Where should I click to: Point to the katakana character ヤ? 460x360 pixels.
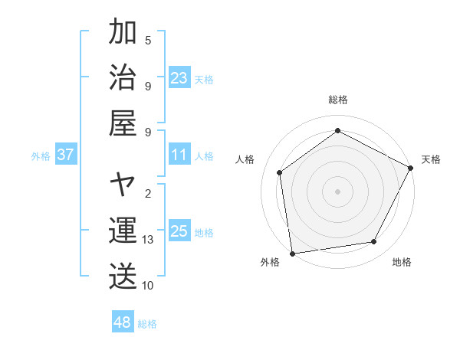pyautogui.click(x=123, y=185)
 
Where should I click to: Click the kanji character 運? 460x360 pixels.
pyautogui.click(x=123, y=231)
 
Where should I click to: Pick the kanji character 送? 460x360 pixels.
pyautogui.click(x=123, y=276)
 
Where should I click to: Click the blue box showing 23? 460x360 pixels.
pyautogui.click(x=179, y=77)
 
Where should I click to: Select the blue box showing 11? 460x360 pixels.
pyautogui.click(x=179, y=155)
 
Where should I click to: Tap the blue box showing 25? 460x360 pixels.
pyautogui.click(x=179, y=231)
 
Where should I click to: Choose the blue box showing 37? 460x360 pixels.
pyautogui.click(x=66, y=155)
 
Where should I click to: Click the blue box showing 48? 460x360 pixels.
pyautogui.click(x=123, y=322)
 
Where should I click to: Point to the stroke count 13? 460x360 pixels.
pyautogui.click(x=149, y=240)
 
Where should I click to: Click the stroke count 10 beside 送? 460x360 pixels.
pyautogui.click(x=149, y=285)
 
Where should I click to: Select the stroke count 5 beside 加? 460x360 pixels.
pyautogui.click(x=148, y=41)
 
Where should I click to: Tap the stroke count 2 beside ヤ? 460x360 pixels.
pyautogui.click(x=148, y=194)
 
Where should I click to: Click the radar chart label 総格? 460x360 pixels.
pyautogui.click(x=338, y=100)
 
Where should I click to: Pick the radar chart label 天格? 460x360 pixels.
pyautogui.click(x=431, y=159)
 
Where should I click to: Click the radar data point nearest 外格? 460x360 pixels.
pyautogui.click(x=292, y=253)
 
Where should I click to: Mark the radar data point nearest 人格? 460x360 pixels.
pyautogui.click(x=280, y=172)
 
